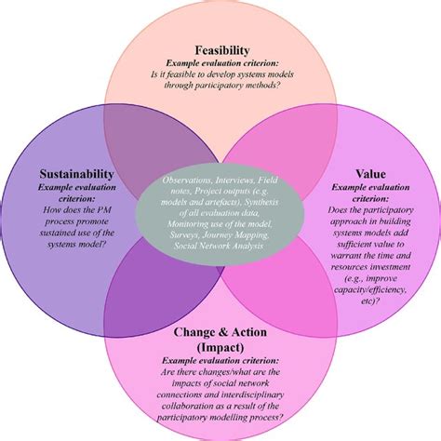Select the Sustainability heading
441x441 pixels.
pos(77,173)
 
